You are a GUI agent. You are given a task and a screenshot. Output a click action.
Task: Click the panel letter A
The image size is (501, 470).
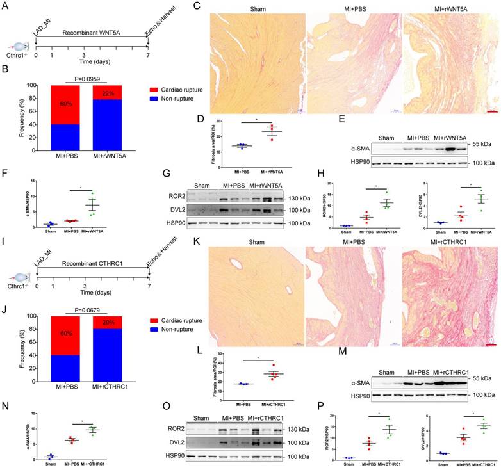tap(5, 6)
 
